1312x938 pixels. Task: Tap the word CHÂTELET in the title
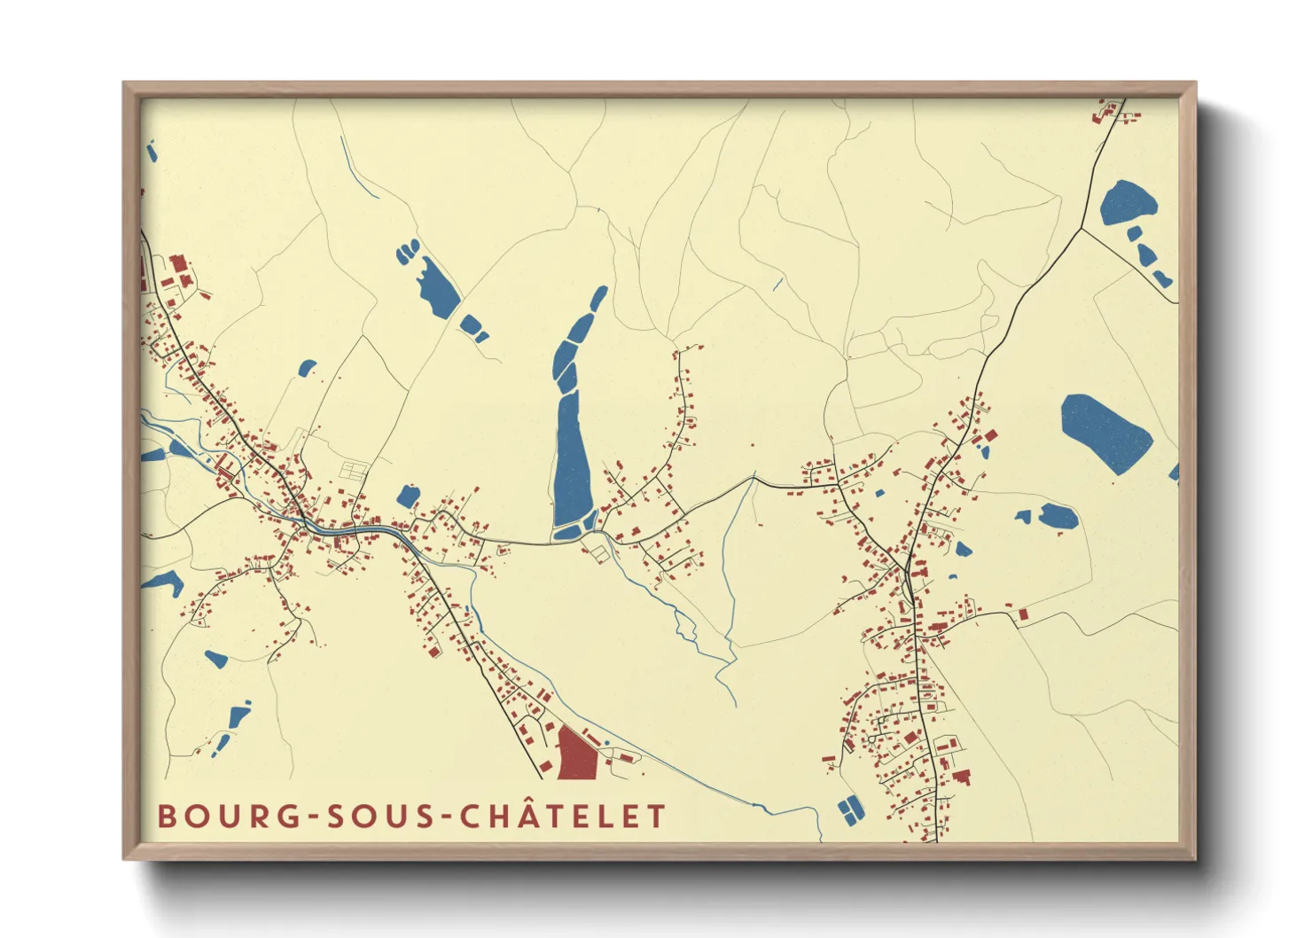[x=563, y=817]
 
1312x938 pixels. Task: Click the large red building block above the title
[x=577, y=754]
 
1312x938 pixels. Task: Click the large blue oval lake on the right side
[x=1106, y=431]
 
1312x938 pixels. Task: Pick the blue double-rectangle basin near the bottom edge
[x=849, y=809]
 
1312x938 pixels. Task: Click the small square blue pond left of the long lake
[x=408, y=496]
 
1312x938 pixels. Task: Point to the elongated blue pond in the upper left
[x=438, y=287]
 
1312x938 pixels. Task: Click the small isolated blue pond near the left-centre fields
[x=307, y=367]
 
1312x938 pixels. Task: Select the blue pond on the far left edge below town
[x=163, y=582]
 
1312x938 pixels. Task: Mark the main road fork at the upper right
[x=1081, y=230]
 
